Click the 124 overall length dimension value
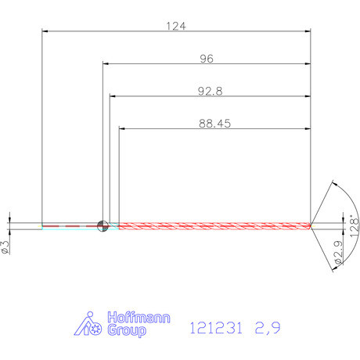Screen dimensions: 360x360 [175, 26]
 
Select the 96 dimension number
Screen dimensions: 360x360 [207, 59]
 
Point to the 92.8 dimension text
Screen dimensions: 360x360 [210, 91]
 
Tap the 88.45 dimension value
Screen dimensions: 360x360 [215, 124]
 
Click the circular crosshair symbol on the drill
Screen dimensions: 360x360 [102, 226]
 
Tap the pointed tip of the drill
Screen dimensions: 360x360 [311, 226]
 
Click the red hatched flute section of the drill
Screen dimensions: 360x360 [211, 226]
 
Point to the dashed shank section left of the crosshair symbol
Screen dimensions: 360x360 [70, 226]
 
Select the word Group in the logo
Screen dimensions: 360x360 [124, 332]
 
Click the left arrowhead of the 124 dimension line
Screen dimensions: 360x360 [45, 31]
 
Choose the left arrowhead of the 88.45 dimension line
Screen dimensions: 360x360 [122, 129]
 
